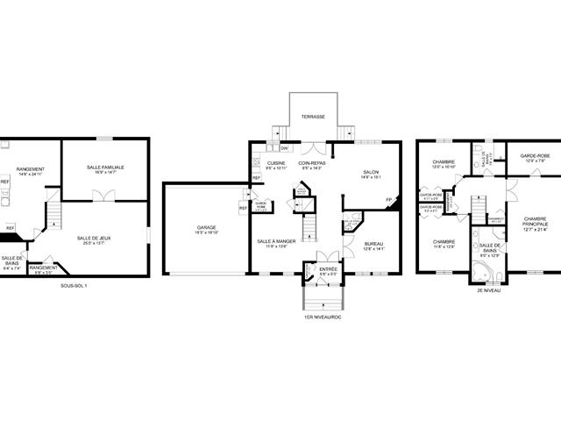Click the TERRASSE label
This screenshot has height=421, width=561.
315,117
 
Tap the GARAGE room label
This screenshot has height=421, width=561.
207,228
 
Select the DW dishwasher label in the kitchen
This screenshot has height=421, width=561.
285,147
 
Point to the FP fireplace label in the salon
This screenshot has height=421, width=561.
389,201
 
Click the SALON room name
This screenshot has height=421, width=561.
370,173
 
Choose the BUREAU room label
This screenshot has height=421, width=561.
374,245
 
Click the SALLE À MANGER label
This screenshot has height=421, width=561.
273,241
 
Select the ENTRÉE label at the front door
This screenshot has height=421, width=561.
328,269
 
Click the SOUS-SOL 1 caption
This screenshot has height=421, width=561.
74,286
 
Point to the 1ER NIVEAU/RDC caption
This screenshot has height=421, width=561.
322,316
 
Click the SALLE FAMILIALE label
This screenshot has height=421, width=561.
105,167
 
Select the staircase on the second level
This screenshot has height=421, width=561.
479,208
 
